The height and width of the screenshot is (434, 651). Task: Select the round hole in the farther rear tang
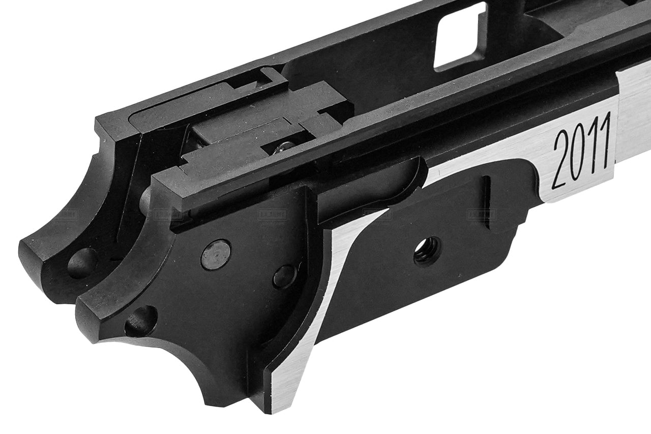[x=81, y=262]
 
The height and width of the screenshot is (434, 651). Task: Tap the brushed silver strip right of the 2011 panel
[x=633, y=117]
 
